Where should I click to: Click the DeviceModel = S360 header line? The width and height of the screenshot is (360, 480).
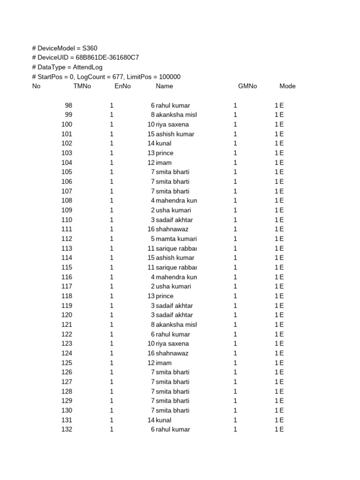65,48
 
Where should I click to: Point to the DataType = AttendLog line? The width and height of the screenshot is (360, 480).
67,67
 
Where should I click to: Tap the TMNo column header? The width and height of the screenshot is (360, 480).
82,86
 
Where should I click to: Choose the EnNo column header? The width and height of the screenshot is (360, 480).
123,86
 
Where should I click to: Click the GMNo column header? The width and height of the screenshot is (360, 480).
247,86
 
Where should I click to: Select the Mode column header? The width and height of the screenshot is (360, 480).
287,86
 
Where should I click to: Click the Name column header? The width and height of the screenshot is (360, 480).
165,86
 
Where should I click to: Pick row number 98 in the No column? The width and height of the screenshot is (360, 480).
68,105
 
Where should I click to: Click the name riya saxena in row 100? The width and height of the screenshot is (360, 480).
172,125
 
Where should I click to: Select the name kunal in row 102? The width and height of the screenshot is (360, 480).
164,143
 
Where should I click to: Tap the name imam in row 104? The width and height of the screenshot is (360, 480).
164,163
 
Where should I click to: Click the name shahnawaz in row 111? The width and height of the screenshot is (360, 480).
172,229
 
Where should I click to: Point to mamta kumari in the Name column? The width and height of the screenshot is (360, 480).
176,239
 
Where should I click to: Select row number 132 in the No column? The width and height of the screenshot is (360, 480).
67,429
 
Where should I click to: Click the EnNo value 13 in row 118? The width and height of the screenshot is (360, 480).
150,296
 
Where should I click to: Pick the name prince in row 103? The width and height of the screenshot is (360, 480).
165,153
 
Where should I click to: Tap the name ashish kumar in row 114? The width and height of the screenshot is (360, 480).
175,258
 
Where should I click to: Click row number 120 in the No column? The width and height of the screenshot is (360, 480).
67,315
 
